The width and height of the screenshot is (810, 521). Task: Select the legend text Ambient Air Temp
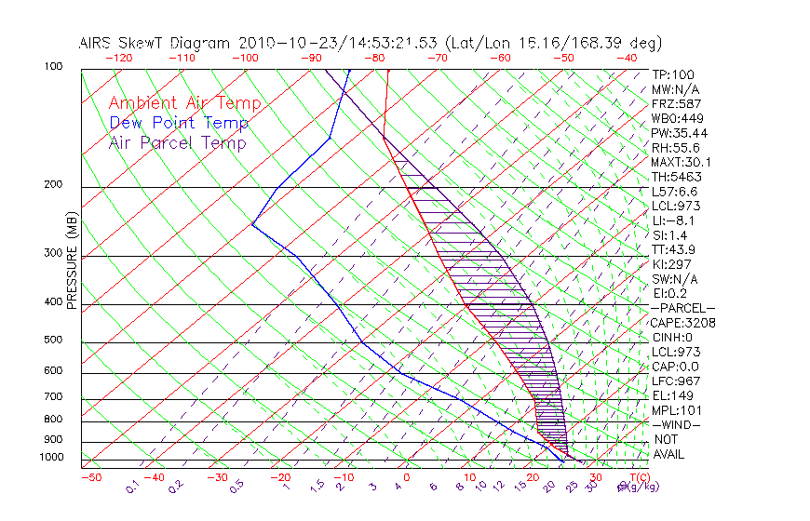[x=184, y=103]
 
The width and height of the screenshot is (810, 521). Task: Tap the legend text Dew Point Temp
[x=179, y=123]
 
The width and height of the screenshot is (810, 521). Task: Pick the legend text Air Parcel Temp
[x=178, y=142]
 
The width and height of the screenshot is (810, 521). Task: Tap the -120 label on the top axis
[x=118, y=58]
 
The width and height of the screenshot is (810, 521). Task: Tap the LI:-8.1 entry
[x=673, y=220]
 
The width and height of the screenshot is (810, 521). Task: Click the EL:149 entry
[x=670, y=395]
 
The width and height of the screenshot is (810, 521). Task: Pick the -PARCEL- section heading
[x=682, y=308]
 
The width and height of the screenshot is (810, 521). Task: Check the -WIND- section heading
[x=676, y=424]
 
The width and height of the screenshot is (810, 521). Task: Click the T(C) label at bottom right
[x=637, y=477]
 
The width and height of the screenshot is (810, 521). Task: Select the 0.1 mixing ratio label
[x=133, y=487]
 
